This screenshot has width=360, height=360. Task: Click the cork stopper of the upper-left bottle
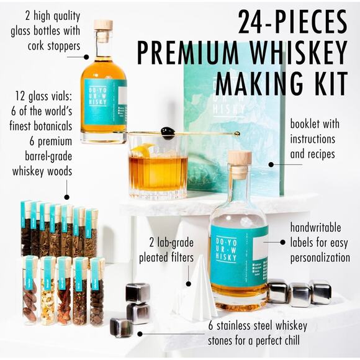coord(103,25)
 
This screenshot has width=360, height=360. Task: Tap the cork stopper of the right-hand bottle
coord(239,158)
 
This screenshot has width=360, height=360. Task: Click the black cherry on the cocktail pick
coord(166,132)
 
